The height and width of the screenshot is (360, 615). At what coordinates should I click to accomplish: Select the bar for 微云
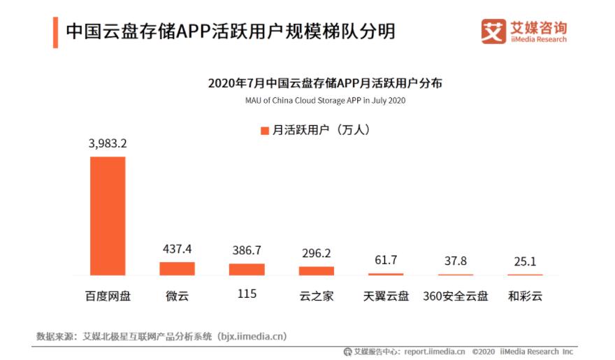click(177, 268)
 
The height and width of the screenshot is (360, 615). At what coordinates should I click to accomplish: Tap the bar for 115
click(247, 269)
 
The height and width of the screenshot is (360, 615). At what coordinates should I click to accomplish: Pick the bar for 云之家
click(317, 271)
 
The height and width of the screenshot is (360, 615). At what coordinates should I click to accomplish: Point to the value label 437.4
click(177, 249)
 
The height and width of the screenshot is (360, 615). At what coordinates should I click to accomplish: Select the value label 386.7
click(247, 250)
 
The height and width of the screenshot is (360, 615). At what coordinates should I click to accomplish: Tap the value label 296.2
click(317, 253)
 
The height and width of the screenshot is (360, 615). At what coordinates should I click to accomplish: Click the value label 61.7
click(386, 260)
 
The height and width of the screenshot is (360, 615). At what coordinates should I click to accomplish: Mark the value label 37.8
click(456, 261)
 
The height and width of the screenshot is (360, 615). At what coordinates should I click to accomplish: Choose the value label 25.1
click(525, 261)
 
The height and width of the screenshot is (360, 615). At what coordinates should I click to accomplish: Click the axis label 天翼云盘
click(386, 296)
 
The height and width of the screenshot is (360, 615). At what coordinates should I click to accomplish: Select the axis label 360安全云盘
click(455, 296)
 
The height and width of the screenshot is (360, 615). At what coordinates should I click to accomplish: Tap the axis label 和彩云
click(525, 296)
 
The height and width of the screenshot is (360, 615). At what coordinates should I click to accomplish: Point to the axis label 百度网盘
click(108, 296)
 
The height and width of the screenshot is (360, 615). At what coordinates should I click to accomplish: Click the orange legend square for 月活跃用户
click(264, 131)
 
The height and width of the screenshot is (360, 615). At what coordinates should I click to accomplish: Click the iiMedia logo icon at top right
click(493, 31)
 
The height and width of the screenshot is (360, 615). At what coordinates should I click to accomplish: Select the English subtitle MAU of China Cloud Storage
click(325, 100)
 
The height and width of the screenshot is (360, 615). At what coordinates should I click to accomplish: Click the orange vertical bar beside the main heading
click(55, 32)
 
